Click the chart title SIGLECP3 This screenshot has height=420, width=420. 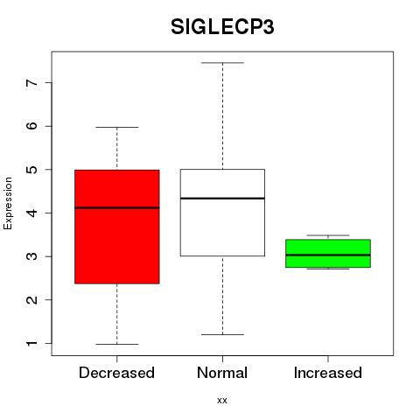pos(222,27)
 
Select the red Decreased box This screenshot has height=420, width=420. pos(117,227)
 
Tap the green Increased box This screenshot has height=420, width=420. pos(328,253)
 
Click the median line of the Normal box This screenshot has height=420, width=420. pos(222,199)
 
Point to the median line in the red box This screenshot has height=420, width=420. pos(117,208)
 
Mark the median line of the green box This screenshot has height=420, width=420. pos(328,255)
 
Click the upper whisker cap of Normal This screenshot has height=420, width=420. pos(222,63)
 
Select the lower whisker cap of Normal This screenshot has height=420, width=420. pos(222,334)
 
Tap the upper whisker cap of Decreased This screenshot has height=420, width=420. pos(117,127)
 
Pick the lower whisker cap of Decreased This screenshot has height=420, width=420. pos(117,344)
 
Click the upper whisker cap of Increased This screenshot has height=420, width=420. pos(328,235)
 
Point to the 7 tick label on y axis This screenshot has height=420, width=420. pos(32,83)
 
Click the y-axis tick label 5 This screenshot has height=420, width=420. pos(32,170)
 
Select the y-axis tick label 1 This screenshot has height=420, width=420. pos(32,343)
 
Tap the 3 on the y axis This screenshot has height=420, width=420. pos(32,256)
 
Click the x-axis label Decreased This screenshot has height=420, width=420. pos(116,373)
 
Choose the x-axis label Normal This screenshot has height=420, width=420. pos(222,373)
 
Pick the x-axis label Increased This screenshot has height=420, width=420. pos(328,373)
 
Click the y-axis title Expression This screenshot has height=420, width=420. pos(8,203)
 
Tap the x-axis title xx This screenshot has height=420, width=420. pos(222,401)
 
